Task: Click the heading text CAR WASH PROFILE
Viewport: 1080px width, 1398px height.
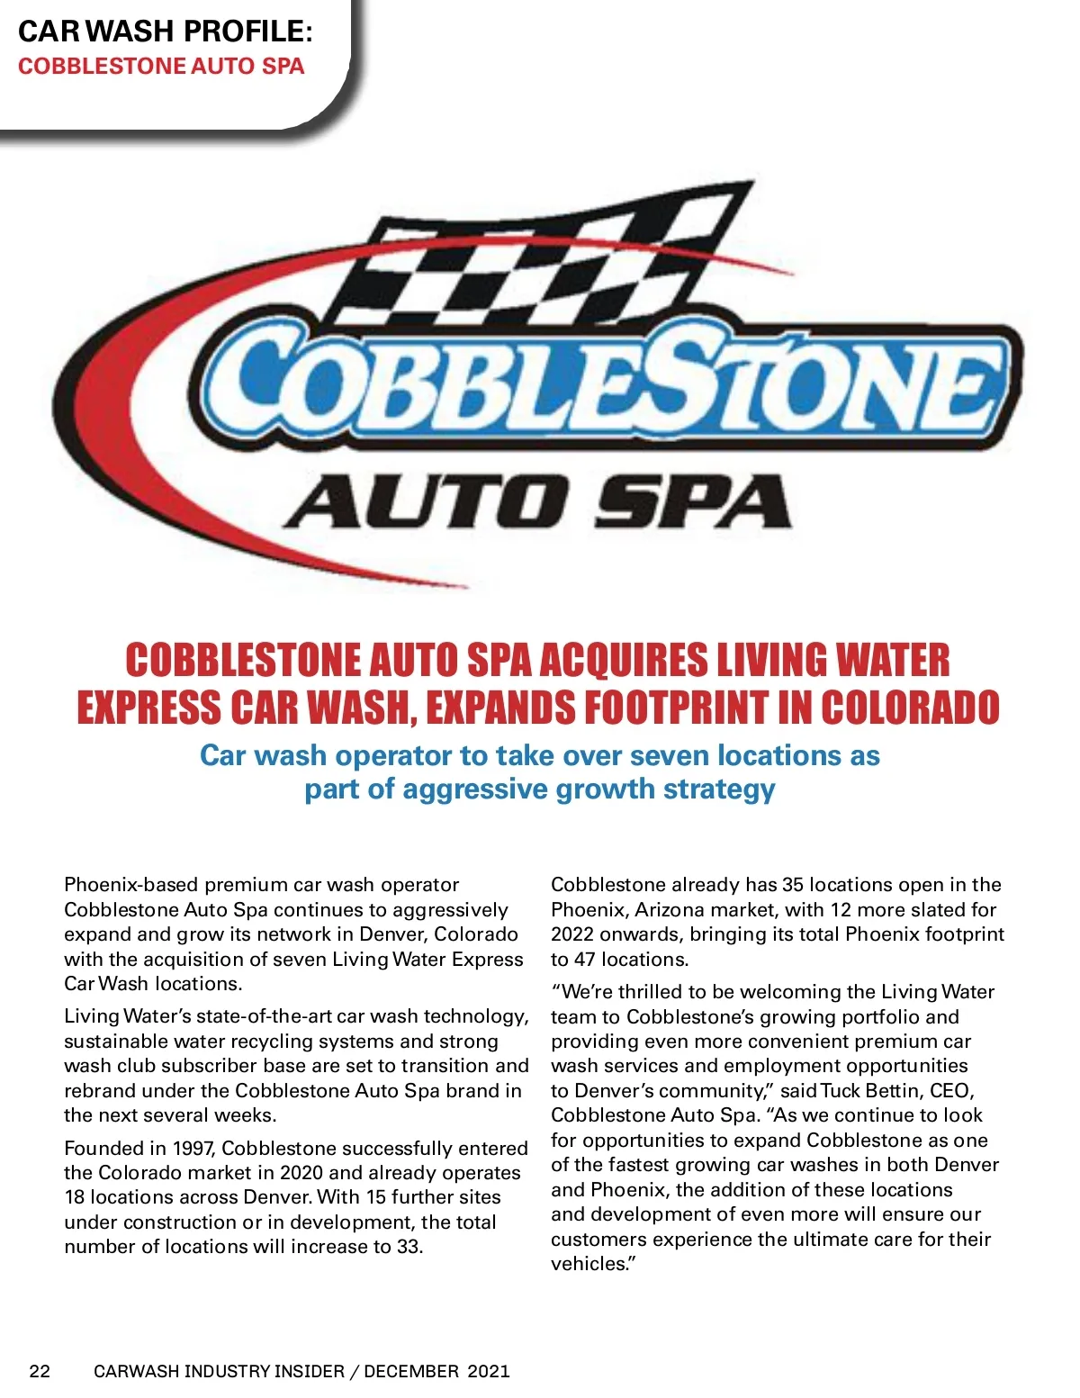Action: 166,31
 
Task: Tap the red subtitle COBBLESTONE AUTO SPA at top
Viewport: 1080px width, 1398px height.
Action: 161,67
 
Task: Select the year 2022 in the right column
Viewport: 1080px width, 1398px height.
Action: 572,934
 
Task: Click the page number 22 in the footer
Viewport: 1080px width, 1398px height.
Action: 40,1371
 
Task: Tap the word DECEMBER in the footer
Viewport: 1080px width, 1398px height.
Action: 411,1371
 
